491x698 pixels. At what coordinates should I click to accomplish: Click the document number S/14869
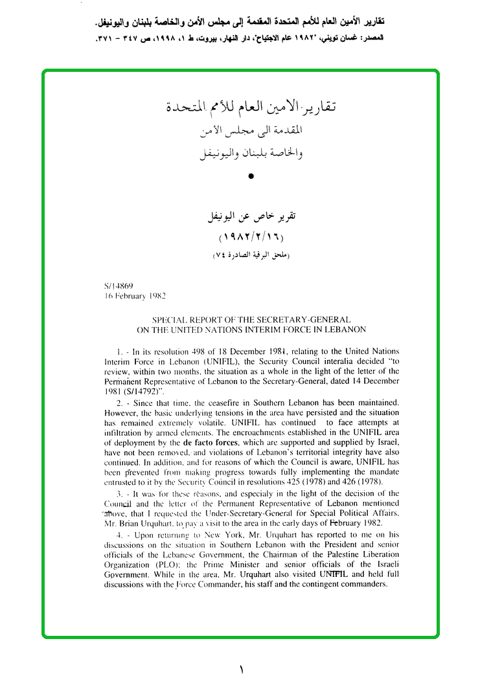click(118, 285)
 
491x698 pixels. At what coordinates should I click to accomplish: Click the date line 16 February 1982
click(134, 295)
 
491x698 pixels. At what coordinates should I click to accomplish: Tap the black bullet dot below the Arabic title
click(251, 175)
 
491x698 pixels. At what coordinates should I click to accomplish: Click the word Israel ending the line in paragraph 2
click(387, 442)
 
